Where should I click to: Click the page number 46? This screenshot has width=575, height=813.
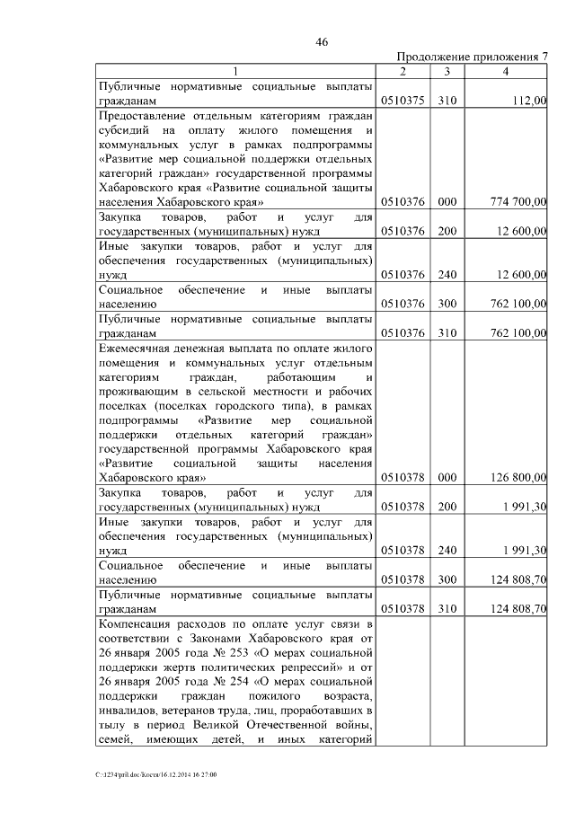tap(323, 41)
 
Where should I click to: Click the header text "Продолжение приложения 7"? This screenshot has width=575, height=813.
tap(472, 57)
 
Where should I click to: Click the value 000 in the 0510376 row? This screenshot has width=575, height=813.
tap(447, 203)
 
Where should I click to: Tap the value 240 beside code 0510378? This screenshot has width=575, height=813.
tap(447, 550)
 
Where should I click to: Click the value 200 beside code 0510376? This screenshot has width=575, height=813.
tap(447, 232)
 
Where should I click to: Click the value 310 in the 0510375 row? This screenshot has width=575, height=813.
tap(447, 102)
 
